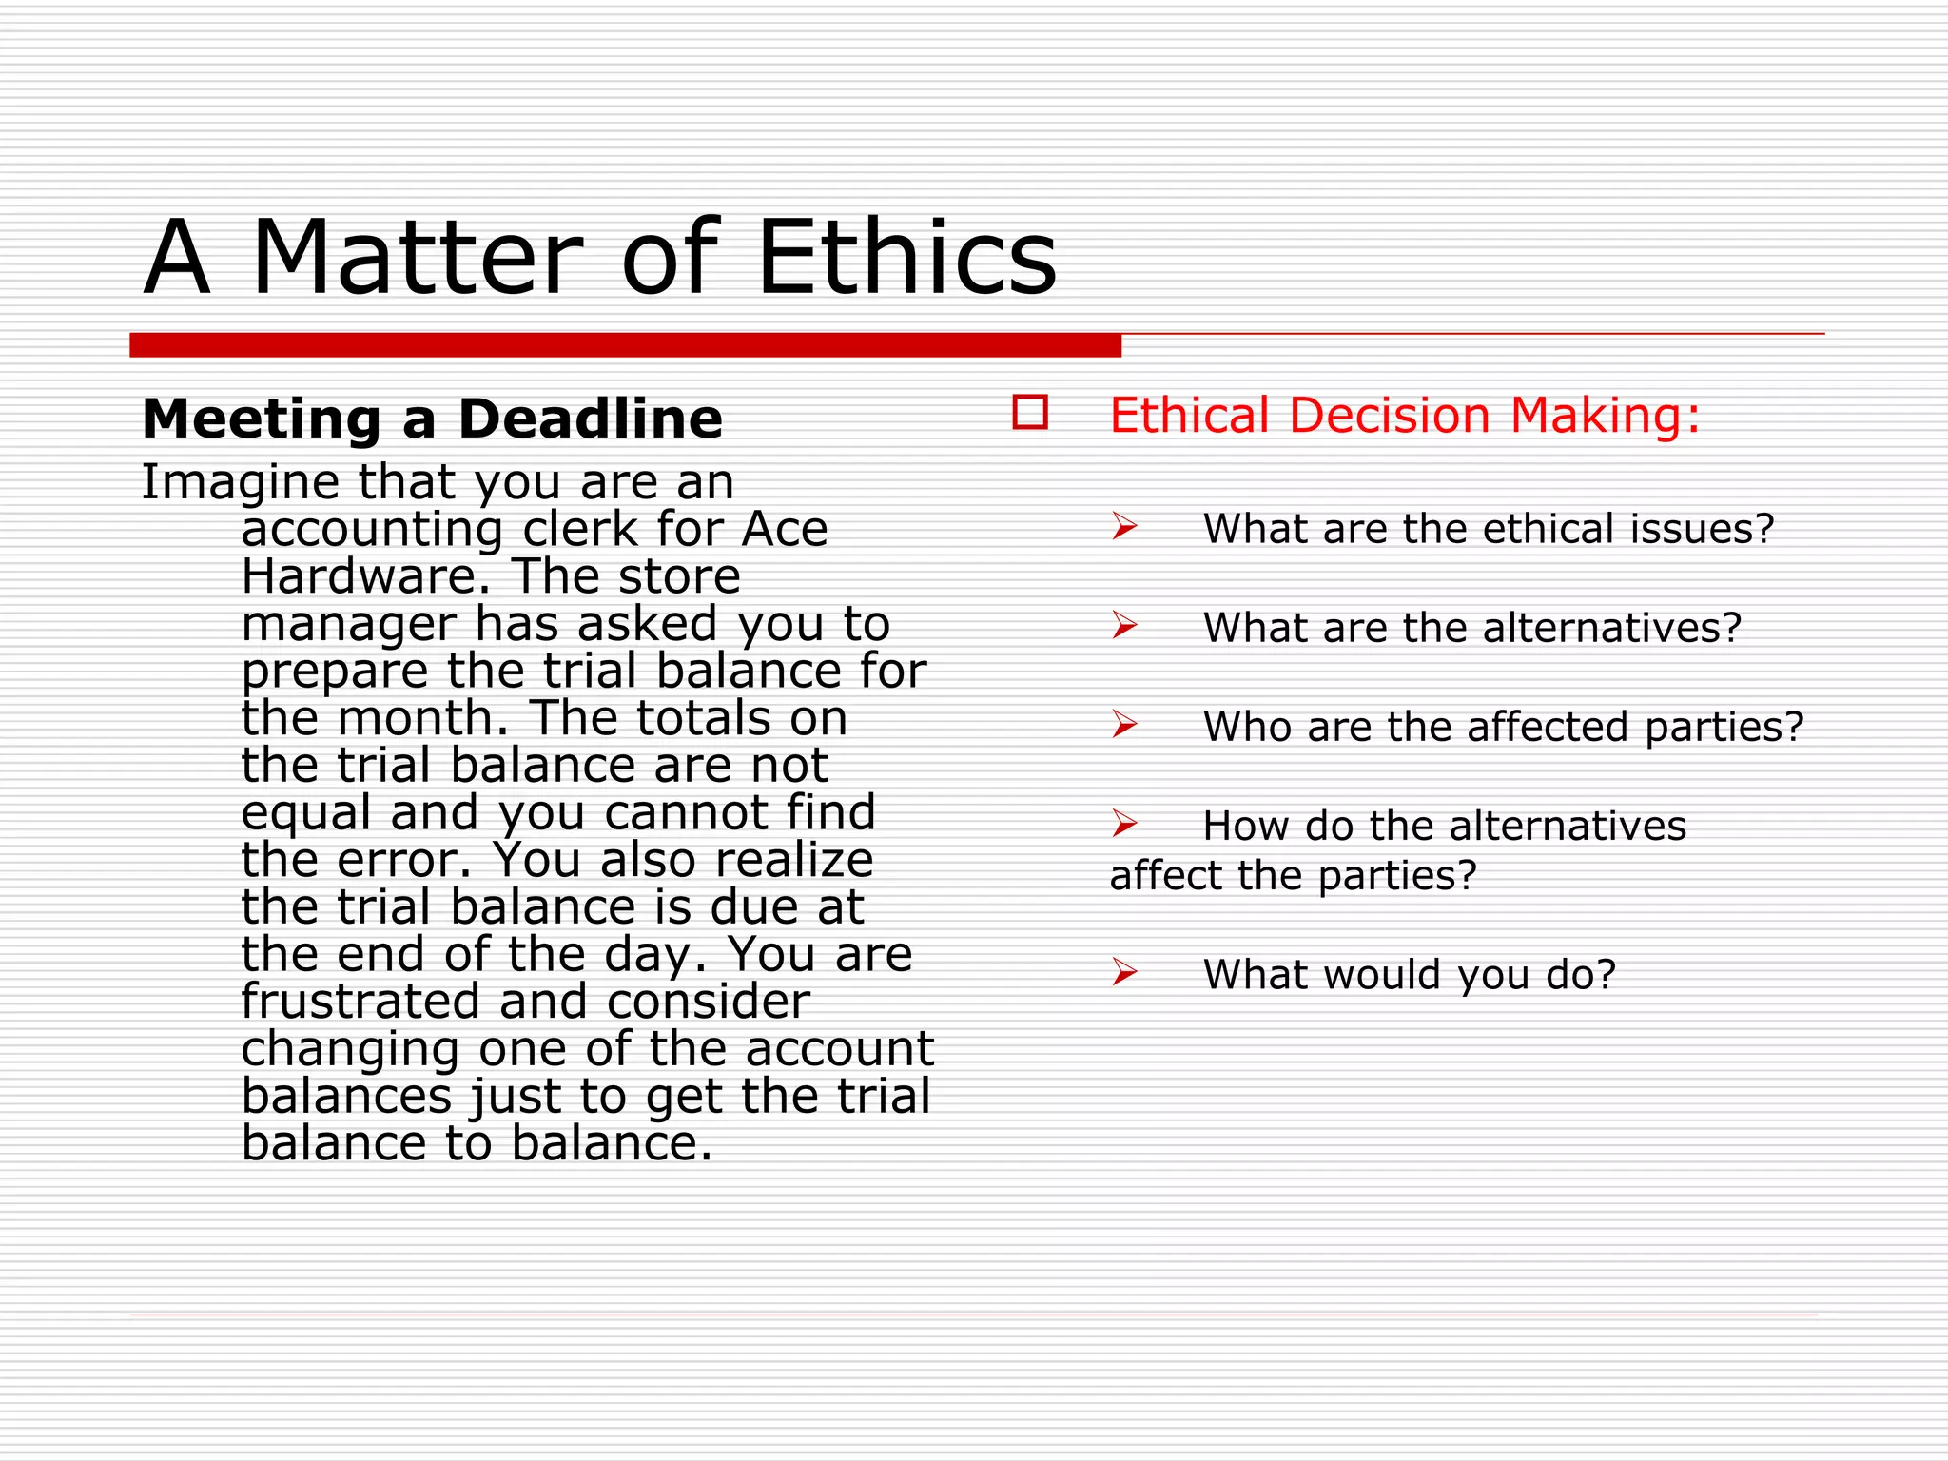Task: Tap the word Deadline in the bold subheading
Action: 591,419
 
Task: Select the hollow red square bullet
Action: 1030,413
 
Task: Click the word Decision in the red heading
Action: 1390,416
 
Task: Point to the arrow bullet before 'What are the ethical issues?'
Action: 1124,526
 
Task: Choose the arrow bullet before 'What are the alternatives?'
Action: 1124,625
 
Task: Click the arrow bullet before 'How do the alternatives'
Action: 1124,823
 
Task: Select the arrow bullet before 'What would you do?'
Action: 1124,972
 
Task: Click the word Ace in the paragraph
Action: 785,529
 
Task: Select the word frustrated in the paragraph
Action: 361,1002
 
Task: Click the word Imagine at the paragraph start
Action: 241,483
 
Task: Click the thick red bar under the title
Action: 625,345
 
